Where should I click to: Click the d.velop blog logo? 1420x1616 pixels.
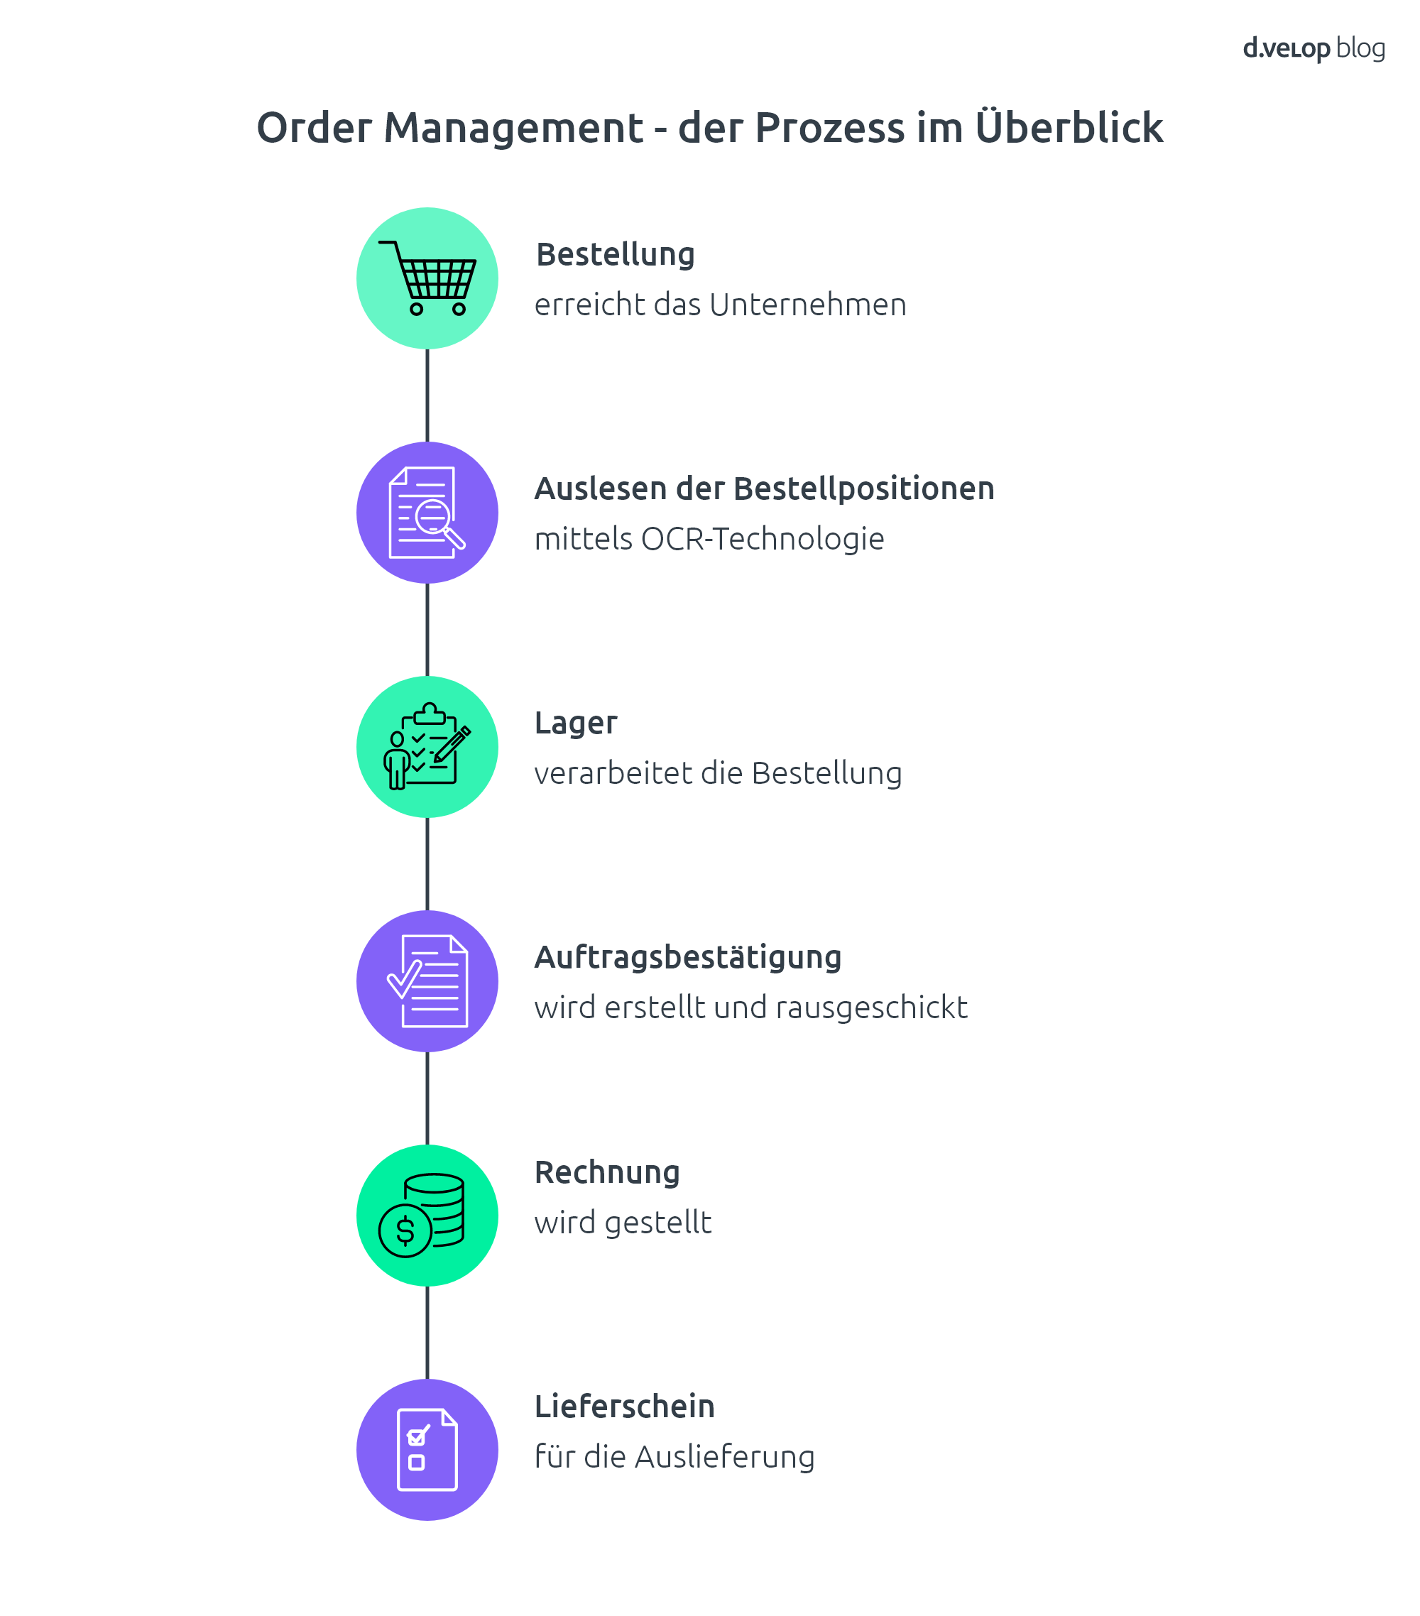(1313, 49)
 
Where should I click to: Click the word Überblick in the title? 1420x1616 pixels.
(1069, 127)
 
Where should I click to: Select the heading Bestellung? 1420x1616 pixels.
(615, 256)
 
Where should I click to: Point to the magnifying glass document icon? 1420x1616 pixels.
(427, 513)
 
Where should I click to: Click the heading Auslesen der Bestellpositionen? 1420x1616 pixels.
(765, 489)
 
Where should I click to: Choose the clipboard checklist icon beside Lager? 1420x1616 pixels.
(427, 746)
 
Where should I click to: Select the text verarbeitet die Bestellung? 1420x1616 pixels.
(718, 773)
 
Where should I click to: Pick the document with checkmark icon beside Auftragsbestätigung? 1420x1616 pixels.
(427, 981)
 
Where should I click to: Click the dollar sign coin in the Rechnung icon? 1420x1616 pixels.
(405, 1231)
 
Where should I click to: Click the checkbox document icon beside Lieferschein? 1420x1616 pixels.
(427, 1449)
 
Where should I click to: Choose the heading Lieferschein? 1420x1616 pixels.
(625, 1407)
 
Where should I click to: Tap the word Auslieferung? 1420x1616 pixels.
(724, 1456)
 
